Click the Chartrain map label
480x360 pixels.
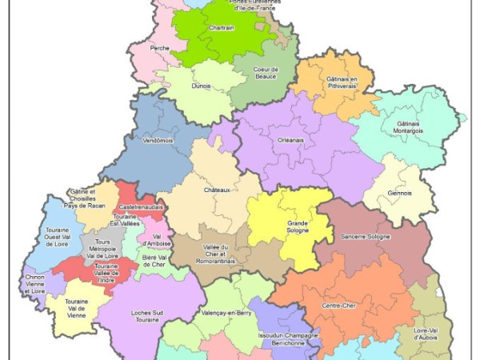pos(221,28)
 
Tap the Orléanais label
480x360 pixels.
pos(290,140)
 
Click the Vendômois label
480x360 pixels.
pos(158,141)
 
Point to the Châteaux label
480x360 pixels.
pos(217,190)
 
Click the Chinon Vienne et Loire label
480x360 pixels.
pos(34,286)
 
